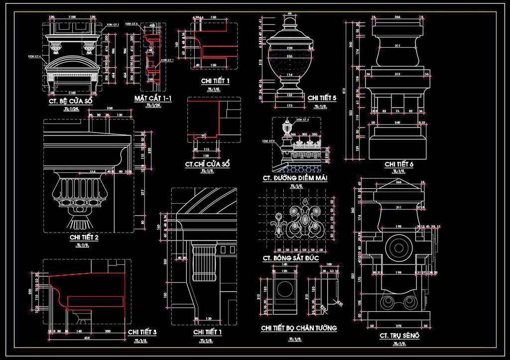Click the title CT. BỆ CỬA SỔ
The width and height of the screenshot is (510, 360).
tap(70, 101)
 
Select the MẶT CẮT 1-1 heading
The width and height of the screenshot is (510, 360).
tap(153, 98)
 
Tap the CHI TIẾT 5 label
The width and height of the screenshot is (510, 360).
tap(322, 98)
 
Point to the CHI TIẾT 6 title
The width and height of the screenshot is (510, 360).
tap(399, 164)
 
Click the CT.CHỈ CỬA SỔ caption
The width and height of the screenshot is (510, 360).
tap(207, 164)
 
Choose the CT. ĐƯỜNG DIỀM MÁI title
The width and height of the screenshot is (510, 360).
tap(295, 178)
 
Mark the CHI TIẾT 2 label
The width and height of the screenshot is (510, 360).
tap(84, 238)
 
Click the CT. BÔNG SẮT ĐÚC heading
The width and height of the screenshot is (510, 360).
tap(294, 258)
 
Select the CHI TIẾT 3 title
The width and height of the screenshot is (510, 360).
tap(142, 332)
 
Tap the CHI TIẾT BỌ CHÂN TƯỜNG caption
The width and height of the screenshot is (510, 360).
tap(299, 328)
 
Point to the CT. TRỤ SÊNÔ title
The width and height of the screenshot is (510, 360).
tap(399, 336)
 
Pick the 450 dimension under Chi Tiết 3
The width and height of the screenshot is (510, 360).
tap(87, 339)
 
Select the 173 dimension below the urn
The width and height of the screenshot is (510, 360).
tap(289, 106)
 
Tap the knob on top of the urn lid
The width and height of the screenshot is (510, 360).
tap(289, 23)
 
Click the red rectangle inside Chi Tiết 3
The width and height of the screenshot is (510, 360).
tap(95, 301)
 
